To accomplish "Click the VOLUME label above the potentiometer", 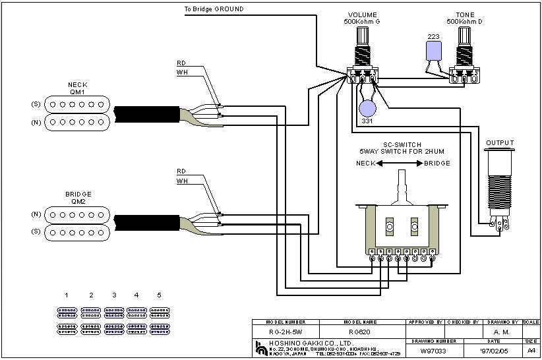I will coord(363,15).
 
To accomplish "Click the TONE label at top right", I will coord(464,15).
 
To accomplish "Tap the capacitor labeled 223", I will coord(433,50).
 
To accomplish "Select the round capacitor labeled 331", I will coord(368,109).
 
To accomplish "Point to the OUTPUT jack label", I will coord(500,143).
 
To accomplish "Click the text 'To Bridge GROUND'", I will coord(214,9).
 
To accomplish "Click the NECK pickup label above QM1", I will coord(77,85).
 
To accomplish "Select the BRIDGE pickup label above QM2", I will coord(78,195).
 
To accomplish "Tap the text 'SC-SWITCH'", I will coord(402,144).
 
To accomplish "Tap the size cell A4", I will coord(531,351).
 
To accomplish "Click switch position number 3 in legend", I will coord(114,295).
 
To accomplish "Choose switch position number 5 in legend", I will coord(159,295).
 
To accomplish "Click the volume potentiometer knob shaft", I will coord(363,36).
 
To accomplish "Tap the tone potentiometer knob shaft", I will coord(464,36).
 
